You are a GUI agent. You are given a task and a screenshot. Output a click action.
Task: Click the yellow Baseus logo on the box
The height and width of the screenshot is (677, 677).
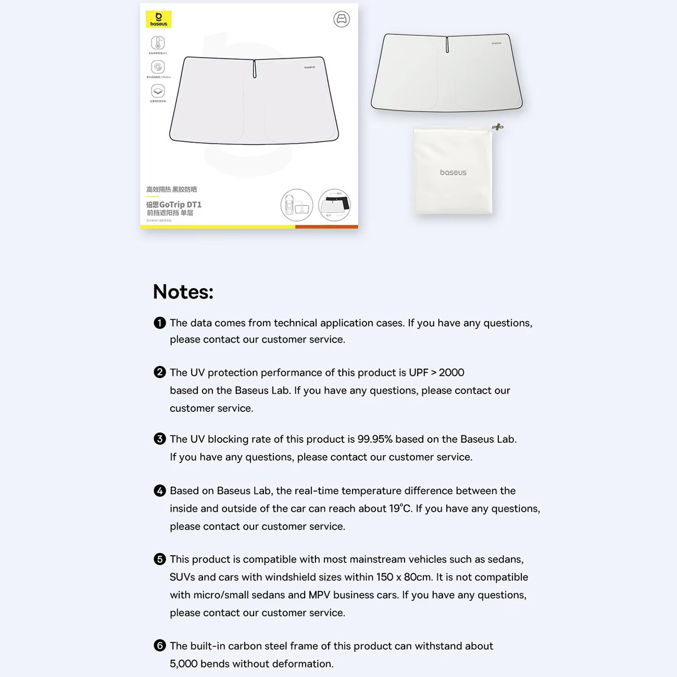pos(158,19)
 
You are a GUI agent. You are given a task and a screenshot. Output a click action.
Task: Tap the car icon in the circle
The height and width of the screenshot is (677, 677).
pos(342,19)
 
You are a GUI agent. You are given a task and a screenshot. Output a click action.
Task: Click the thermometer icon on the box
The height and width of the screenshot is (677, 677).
pos(158,43)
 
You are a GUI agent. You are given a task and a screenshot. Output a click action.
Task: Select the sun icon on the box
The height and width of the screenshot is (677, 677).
pos(158,67)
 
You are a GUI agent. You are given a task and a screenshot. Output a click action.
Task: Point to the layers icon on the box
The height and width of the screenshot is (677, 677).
pos(158,91)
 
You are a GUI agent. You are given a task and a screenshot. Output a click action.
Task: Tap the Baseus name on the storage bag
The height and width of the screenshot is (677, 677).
pos(453,172)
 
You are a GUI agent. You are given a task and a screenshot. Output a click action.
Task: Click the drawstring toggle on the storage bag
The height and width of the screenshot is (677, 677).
pos(498,127)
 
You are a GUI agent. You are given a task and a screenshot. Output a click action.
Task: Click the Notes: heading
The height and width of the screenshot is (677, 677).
pos(183,292)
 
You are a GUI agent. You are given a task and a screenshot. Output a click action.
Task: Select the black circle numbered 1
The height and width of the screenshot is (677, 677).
pos(160,323)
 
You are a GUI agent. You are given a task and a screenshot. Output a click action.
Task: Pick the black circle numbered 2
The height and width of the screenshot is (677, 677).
pos(160,372)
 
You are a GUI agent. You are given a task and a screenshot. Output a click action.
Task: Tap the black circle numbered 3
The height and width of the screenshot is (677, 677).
pos(160,439)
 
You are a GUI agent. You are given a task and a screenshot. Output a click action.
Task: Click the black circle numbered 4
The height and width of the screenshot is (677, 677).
pos(160,491)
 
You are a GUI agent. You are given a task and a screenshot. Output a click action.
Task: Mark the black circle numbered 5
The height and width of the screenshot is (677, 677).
pos(160,559)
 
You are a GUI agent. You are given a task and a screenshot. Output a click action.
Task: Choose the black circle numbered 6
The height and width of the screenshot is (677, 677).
pos(160,646)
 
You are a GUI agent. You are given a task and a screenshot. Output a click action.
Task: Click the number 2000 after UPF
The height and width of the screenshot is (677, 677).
pos(452,372)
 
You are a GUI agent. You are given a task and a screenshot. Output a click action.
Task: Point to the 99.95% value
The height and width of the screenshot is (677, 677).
pos(375,439)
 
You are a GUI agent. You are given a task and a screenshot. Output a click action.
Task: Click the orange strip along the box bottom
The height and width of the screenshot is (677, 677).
pos(327,227)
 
